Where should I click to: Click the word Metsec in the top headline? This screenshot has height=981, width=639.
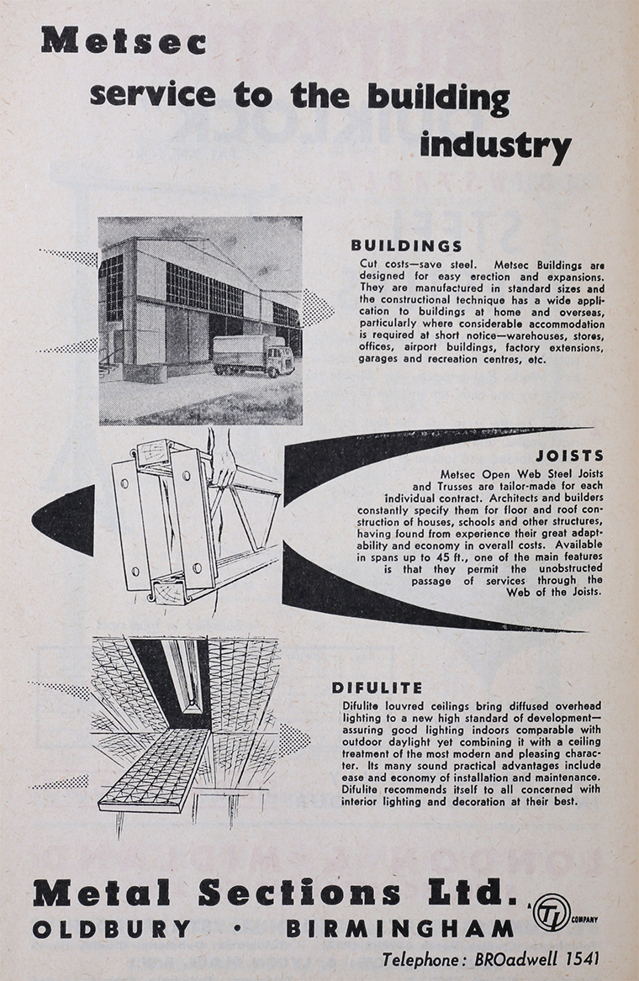(x=123, y=40)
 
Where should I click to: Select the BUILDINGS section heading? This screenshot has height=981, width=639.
(x=406, y=246)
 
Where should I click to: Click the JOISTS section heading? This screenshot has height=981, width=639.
(x=575, y=456)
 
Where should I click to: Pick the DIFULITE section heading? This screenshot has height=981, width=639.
(x=378, y=686)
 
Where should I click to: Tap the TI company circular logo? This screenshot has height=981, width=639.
(x=551, y=912)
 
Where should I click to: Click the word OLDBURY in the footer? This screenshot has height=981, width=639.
(x=113, y=929)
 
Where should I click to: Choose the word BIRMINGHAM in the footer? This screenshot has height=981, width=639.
(x=399, y=929)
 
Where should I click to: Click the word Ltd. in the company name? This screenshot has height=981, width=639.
(x=476, y=893)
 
